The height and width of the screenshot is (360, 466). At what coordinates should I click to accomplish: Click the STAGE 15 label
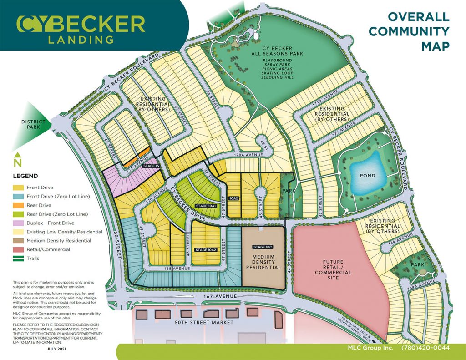[151, 166]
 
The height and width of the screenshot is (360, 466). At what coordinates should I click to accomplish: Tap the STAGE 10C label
[263, 247]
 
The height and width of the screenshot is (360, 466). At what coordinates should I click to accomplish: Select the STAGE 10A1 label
[205, 206]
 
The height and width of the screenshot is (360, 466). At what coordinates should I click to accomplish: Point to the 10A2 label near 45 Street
[234, 198]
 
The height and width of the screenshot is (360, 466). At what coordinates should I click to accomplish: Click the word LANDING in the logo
[81, 40]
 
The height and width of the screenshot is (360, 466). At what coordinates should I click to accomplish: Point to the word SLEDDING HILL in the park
[277, 77]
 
